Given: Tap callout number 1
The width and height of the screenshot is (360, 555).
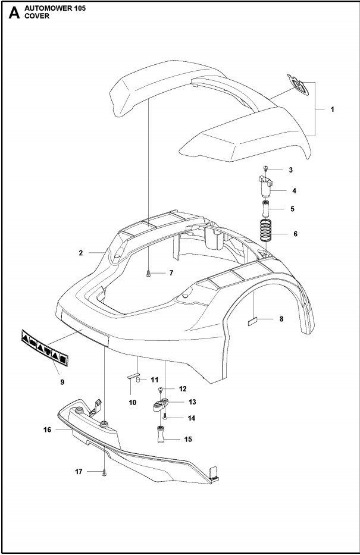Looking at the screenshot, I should pos(332,109).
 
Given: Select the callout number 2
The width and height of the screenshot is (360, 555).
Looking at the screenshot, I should pos(81,253).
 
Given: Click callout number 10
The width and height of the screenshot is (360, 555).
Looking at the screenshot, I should pos(132,403).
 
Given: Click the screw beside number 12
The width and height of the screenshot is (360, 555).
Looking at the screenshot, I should pos(161,389).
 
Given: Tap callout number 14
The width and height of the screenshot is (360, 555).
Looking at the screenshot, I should pos(175,418).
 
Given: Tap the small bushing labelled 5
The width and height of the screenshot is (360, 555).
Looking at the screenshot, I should pos(265,210).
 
